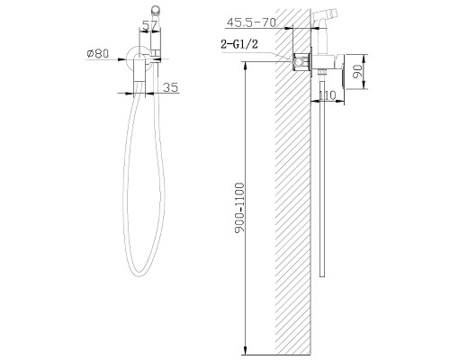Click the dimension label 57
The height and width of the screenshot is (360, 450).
click(149, 25)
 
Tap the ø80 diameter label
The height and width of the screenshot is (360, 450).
click(98, 53)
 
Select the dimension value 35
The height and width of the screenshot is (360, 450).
click(171, 87)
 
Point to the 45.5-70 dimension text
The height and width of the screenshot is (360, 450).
click(251, 22)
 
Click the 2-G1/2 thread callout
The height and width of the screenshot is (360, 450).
click(239, 44)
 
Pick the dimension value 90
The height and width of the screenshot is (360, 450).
click(357, 71)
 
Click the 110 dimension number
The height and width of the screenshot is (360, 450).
click(327, 95)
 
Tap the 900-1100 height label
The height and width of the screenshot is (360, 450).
click(239, 208)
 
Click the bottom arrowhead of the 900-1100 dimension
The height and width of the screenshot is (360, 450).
click(246, 350)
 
